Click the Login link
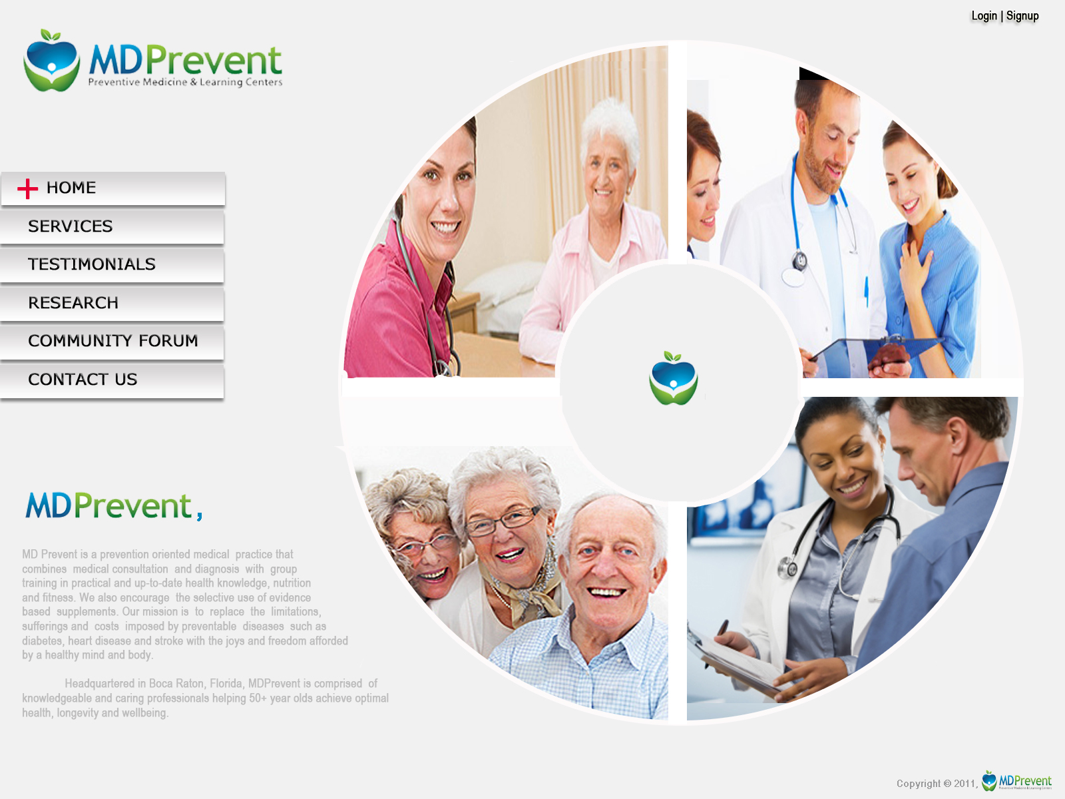pos(984,16)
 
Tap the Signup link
pos(1022,17)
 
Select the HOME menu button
pos(113,188)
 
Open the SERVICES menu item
pos(112,226)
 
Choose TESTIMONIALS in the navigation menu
pos(112,265)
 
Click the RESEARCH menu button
pos(112,303)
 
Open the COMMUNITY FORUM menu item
pos(112,342)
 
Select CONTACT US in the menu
pos(112,380)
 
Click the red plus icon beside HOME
pos(28,188)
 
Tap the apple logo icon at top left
pos(51,60)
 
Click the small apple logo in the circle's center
pos(674,378)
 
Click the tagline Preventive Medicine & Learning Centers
pos(185,82)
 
